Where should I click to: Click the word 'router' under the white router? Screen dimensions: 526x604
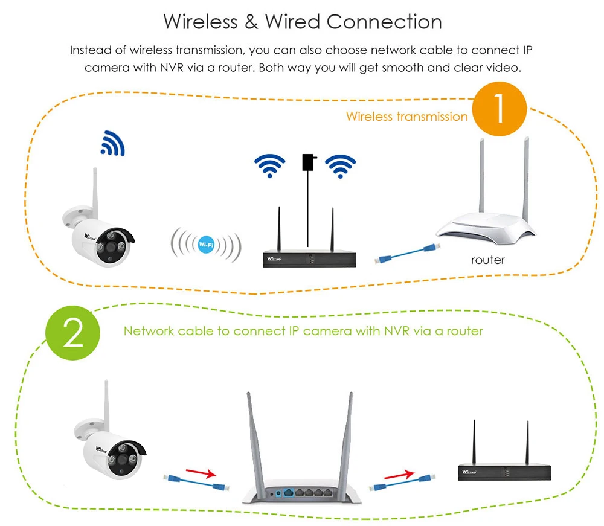(487, 260)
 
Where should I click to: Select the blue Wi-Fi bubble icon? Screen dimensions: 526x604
(206, 243)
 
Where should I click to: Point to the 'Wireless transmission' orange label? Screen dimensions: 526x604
(406, 117)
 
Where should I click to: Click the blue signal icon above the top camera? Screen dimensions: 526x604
(112, 143)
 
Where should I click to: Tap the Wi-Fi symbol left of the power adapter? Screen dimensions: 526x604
(269, 165)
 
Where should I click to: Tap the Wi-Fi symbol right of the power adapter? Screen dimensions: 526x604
(341, 165)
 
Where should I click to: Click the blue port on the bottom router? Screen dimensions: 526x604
(290, 493)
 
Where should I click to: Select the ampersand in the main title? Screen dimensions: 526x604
(251, 22)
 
